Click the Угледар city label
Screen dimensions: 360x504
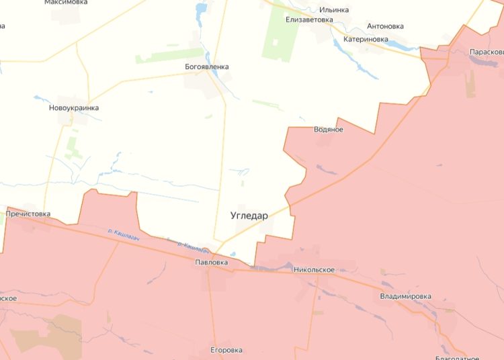coord(249,216)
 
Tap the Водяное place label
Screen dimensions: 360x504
coord(328,130)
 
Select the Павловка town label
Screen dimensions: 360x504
coord(212,262)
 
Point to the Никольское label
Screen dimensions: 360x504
coord(314,269)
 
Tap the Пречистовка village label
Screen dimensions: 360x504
coord(28,214)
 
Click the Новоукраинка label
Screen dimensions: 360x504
coord(74,107)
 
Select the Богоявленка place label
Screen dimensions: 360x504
coord(207,66)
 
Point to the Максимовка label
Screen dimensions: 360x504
coord(65,2)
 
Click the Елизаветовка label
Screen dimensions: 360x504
coord(309,19)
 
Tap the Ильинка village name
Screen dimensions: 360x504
coord(334,9)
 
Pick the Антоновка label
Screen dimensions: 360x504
coord(385,26)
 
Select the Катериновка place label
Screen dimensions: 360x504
coord(366,39)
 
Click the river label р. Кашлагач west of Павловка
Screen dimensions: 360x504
coord(122,232)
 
